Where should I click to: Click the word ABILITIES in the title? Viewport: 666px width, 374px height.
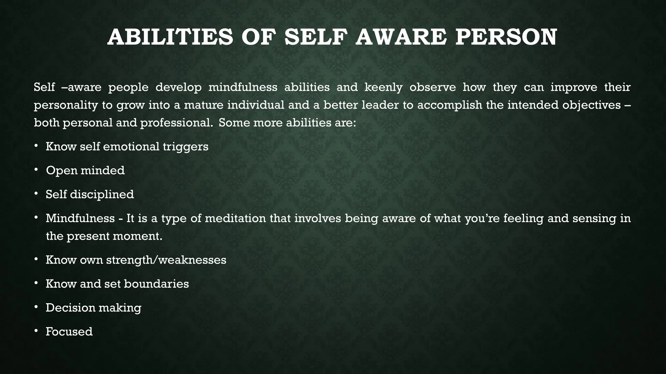(170, 37)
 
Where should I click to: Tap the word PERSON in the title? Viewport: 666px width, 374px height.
(506, 37)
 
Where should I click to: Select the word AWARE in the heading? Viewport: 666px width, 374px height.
(402, 37)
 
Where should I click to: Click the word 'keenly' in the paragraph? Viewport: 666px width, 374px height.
(383, 88)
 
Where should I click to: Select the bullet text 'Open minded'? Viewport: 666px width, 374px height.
(85, 170)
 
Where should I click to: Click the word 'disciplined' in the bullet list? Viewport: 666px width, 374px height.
(102, 194)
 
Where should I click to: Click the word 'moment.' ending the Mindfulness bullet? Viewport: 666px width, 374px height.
(137, 236)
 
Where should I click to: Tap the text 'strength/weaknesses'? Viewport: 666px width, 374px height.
(166, 260)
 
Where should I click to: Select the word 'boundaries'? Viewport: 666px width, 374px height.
(156, 284)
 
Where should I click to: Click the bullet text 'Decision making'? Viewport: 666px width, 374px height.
(93, 308)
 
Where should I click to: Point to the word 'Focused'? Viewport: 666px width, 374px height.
(69, 332)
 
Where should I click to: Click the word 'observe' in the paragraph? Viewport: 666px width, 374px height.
(433, 88)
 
